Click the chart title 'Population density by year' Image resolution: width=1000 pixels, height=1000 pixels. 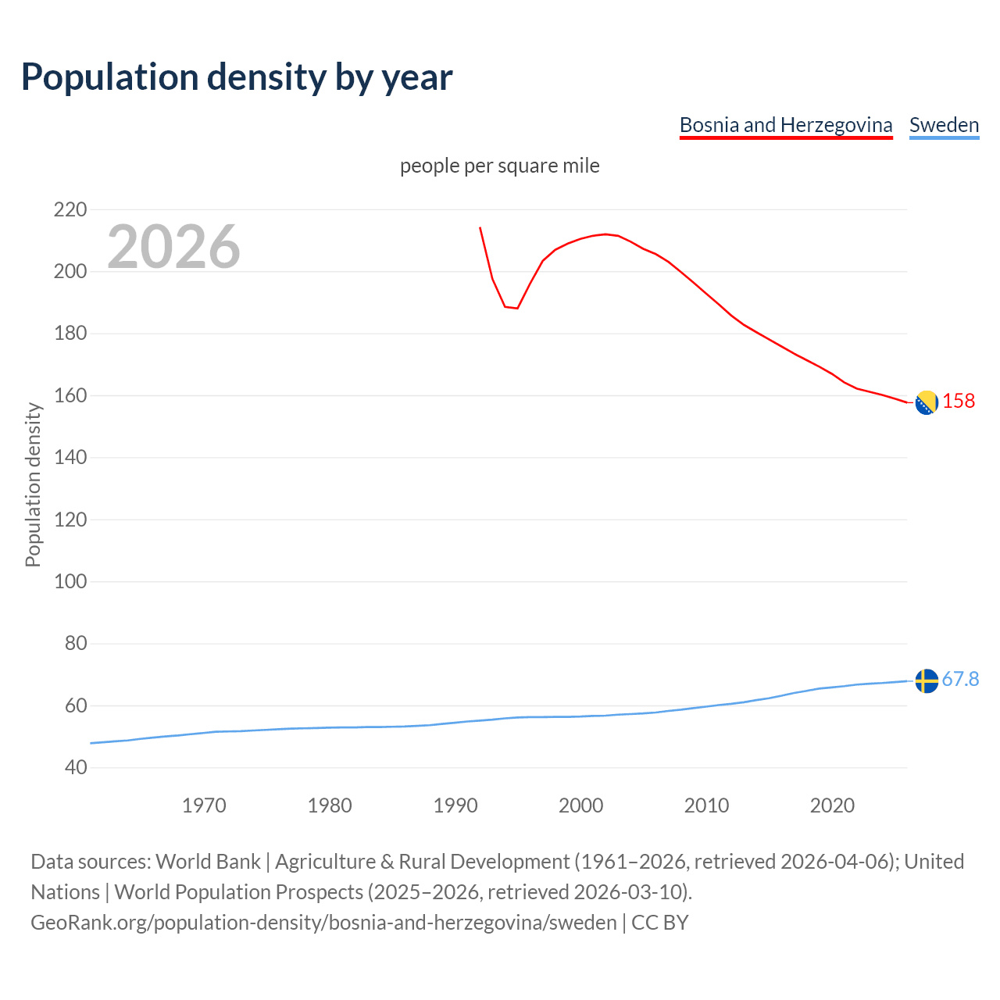(237, 77)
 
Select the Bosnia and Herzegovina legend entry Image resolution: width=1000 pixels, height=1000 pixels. (785, 125)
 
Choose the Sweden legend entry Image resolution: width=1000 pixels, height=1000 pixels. (944, 125)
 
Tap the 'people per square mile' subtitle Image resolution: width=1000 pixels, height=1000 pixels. (499, 166)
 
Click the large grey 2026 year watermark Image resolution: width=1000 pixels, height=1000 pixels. (173, 247)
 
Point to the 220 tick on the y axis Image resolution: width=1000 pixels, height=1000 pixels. (70, 209)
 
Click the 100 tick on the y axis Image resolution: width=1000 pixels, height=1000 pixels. (70, 581)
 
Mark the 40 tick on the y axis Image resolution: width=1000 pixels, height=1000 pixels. (75, 767)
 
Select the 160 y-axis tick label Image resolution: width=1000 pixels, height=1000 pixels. (70, 395)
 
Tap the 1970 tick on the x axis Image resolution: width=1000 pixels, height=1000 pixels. (204, 805)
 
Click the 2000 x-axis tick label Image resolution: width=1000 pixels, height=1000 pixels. (580, 805)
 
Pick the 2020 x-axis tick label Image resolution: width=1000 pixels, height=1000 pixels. (832, 805)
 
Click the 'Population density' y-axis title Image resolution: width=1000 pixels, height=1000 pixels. (33, 484)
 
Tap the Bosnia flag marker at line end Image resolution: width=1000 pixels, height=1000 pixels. (926, 402)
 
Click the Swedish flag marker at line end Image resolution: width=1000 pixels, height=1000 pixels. (926, 680)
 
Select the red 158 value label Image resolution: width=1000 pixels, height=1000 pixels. (959, 401)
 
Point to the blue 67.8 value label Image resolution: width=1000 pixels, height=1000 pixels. (960, 679)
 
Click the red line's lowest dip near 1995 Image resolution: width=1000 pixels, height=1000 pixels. (516, 308)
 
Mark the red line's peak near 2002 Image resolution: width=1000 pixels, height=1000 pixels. (605, 234)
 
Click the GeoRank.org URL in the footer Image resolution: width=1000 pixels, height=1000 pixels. (323, 923)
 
